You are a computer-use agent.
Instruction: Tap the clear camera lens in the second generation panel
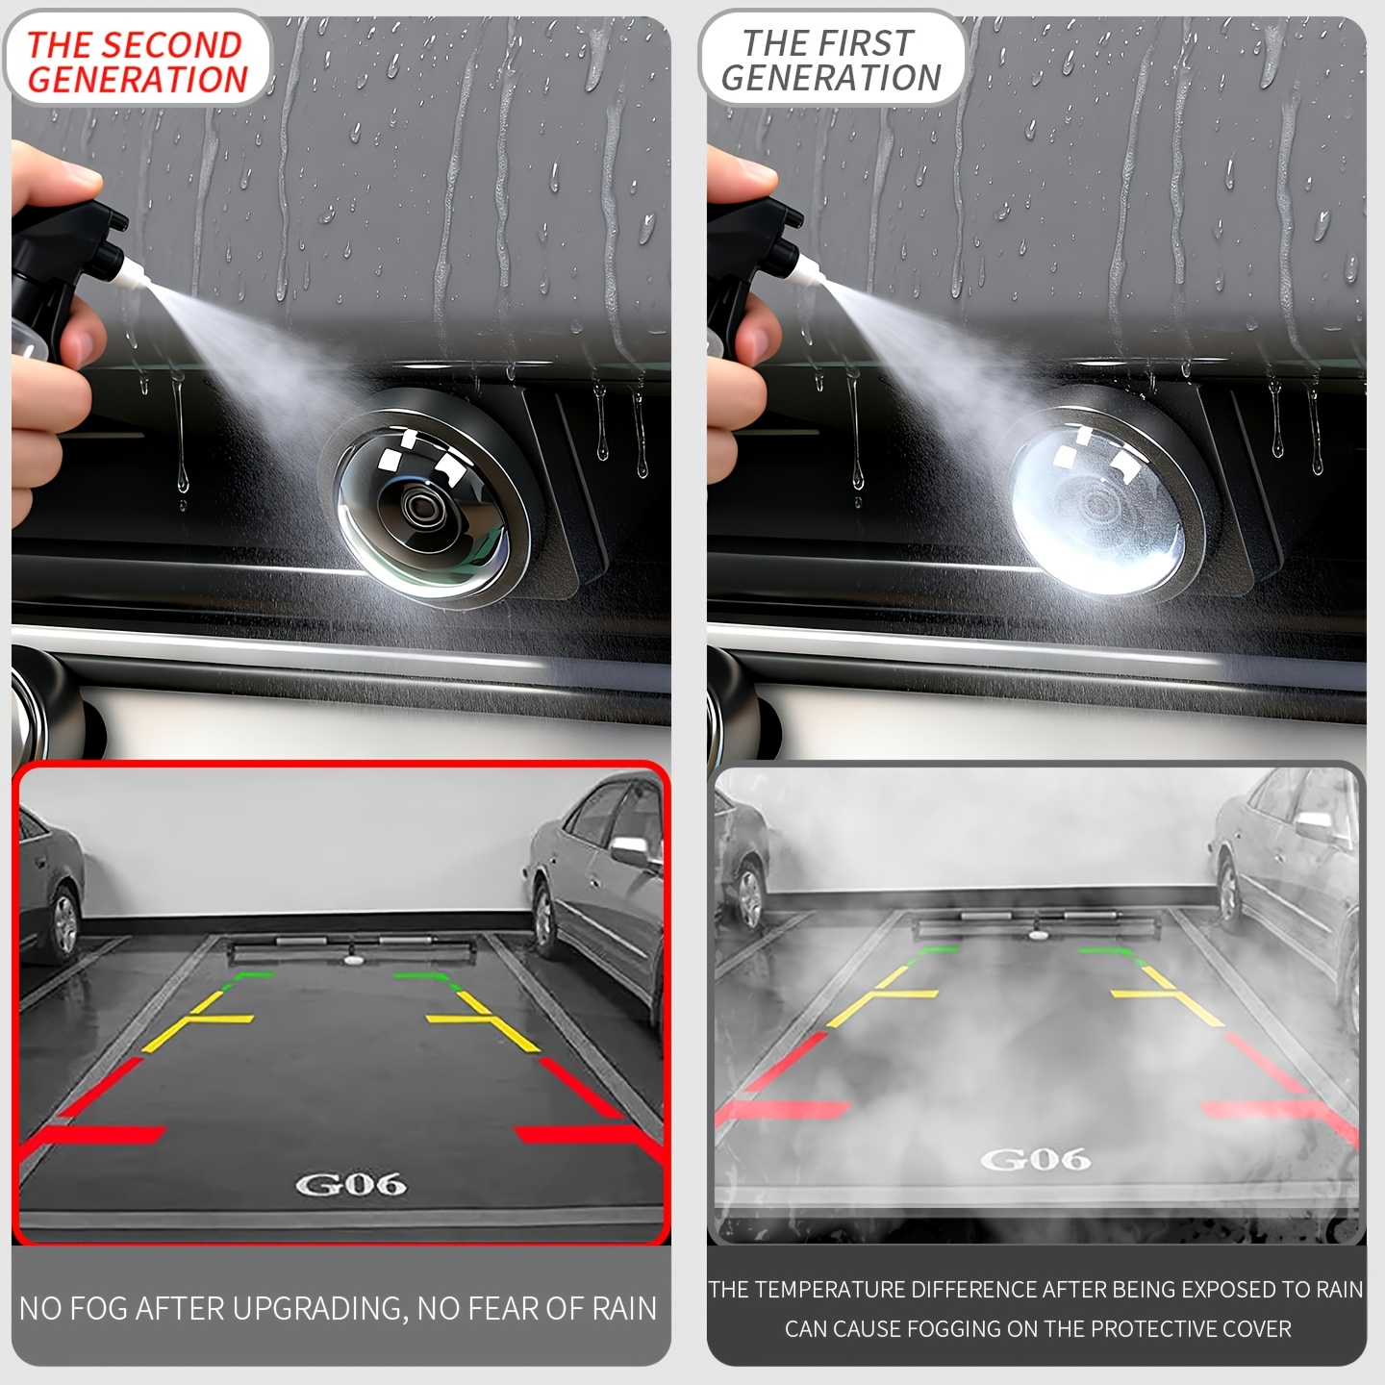[x=422, y=505]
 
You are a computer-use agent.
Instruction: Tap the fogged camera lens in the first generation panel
[x=1096, y=505]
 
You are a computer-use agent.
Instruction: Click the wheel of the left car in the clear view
[x=64, y=924]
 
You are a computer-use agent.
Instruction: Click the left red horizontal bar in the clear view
[x=102, y=1135]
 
